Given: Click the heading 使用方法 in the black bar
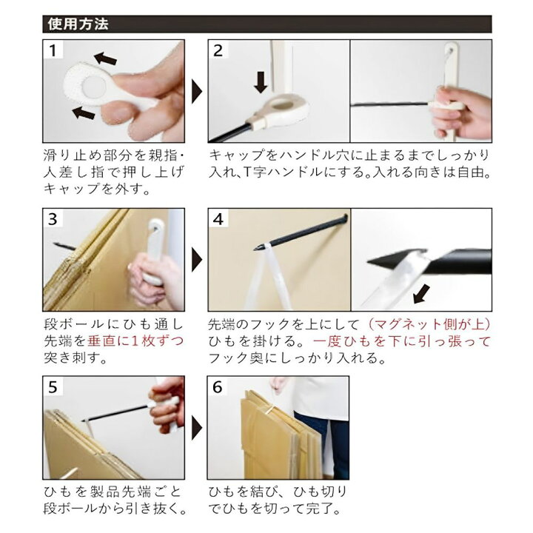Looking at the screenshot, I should [x=78, y=24].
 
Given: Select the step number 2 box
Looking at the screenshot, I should [x=218, y=51].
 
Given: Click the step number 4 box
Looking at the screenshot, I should [x=218, y=220].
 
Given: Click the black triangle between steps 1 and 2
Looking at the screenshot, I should [x=197, y=92].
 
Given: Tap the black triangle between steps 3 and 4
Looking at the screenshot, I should [x=197, y=260].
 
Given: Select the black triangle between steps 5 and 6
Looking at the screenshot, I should [x=197, y=428].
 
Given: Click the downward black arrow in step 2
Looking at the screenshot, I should [x=261, y=81].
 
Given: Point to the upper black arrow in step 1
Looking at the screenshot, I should [x=107, y=58].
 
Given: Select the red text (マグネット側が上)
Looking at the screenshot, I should [x=429, y=324].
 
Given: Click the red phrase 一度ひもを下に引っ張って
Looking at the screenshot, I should [x=402, y=341].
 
